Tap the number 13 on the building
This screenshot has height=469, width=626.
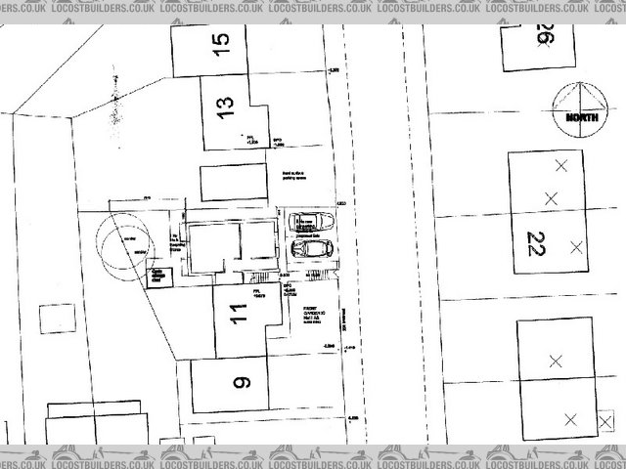pyautogui.click(x=227, y=107)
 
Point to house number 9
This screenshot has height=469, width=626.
pyautogui.click(x=242, y=382)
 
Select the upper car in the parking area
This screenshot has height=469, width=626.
pyautogui.click(x=311, y=222)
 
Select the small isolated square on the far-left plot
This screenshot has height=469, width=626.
pyautogui.click(x=46, y=319)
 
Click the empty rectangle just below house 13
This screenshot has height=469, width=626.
pyautogui.click(x=232, y=183)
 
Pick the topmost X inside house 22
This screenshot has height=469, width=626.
pyautogui.click(x=560, y=166)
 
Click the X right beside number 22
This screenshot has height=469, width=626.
pyautogui.click(x=576, y=244)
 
